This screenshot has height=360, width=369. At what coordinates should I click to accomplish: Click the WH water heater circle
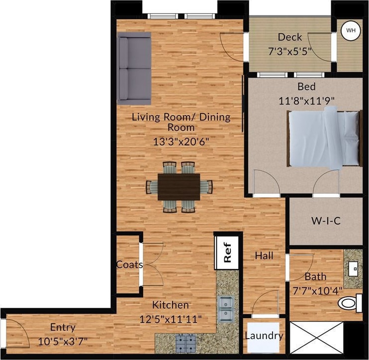click(351, 31)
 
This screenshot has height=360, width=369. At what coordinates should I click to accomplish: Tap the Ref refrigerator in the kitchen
click(227, 252)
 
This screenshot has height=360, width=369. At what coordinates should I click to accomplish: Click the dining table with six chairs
click(179, 187)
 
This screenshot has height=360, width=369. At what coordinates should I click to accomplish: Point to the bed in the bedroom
click(323, 138)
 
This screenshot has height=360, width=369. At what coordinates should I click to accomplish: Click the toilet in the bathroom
click(351, 302)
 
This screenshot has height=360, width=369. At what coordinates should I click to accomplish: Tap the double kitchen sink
click(227, 309)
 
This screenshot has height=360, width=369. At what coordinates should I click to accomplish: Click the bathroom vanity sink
click(355, 269)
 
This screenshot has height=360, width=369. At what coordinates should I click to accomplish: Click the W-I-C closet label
click(326, 221)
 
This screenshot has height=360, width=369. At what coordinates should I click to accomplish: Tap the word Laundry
click(264, 336)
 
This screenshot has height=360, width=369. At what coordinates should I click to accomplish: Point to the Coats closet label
click(129, 264)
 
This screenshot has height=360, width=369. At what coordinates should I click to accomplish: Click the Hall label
click(263, 255)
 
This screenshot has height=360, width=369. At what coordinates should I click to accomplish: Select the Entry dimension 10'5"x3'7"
click(63, 342)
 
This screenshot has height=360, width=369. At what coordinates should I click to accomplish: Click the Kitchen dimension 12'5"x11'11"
click(171, 318)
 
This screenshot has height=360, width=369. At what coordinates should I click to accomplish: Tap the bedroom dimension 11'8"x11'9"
click(306, 100)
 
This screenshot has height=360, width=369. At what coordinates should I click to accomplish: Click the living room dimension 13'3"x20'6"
click(181, 141)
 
